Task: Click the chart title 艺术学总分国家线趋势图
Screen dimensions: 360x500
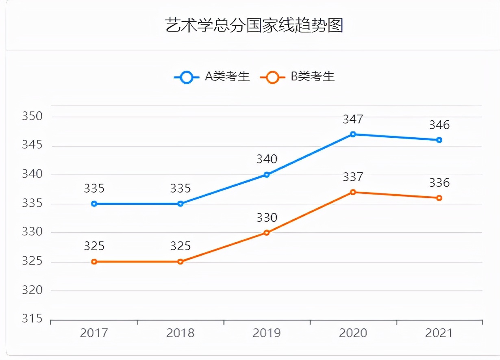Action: [x=254, y=25]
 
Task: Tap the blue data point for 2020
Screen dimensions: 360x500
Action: [x=353, y=134]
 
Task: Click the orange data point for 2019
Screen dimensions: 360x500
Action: [x=267, y=233]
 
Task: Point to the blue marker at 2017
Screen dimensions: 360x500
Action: [x=94, y=204]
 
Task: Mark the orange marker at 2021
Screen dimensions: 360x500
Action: [x=439, y=198]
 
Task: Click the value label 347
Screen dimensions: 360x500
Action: [x=353, y=119]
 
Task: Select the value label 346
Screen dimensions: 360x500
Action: [x=439, y=125]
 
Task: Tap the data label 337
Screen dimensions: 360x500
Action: [x=353, y=177]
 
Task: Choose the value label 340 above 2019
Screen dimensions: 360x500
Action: [x=267, y=159]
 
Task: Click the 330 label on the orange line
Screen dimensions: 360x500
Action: [x=267, y=218]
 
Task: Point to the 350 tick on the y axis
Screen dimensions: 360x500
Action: [x=32, y=117]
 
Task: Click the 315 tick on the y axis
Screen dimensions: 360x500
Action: [x=32, y=319]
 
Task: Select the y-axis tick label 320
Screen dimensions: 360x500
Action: [x=32, y=290]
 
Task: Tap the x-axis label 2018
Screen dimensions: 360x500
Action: [x=180, y=333]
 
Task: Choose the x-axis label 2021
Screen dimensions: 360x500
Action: [x=439, y=333]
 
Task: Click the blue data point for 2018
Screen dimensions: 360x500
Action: [x=180, y=204]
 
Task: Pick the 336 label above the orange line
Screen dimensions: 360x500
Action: [x=439, y=183]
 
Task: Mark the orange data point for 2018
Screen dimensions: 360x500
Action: [x=180, y=262]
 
